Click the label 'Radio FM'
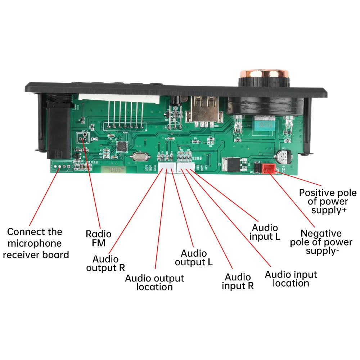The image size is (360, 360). click(98, 238)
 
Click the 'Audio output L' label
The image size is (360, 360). click(194, 258)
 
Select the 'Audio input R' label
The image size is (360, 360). click(238, 282)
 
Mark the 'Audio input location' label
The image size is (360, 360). click(291, 279)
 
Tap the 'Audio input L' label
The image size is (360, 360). click(265, 232)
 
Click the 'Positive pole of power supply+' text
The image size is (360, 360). click(328, 202)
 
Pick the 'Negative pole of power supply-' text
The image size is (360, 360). click(321, 242)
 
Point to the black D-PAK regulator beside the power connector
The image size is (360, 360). click(230, 165)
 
